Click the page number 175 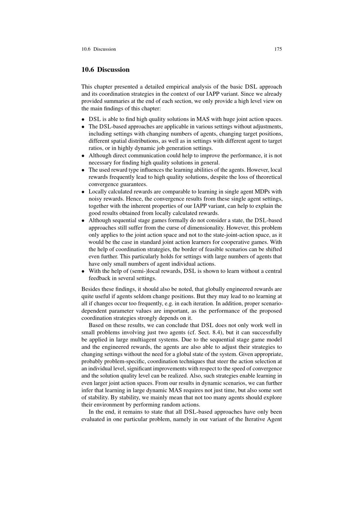point(278,49)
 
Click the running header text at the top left point(99,49)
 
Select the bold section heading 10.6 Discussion point(105,69)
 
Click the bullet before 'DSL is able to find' point(83,120)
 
